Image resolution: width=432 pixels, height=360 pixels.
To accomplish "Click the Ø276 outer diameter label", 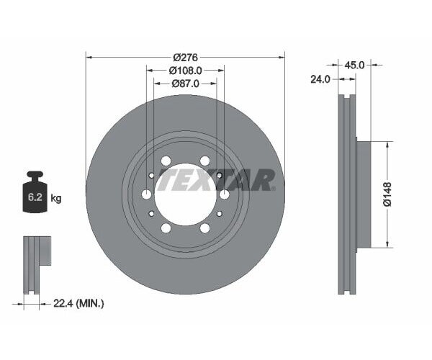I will [185, 57].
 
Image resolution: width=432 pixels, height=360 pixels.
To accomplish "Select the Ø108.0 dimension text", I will [185, 71].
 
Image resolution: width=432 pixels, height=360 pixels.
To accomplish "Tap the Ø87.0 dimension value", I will [186, 84].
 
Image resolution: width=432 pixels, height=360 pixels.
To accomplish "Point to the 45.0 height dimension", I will [355, 64].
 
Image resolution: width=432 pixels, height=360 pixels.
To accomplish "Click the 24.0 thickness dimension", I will [319, 79].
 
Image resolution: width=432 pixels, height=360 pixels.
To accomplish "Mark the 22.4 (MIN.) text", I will [80, 304].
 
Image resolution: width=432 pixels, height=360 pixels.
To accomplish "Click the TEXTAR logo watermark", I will [216, 180].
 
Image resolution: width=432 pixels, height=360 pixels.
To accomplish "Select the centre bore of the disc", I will [185, 194].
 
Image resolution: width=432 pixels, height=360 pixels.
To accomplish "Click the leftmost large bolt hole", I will [147, 194].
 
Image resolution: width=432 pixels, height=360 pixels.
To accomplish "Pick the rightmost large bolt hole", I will [224, 194].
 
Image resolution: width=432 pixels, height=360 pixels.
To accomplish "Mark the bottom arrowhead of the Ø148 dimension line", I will [388, 244].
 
